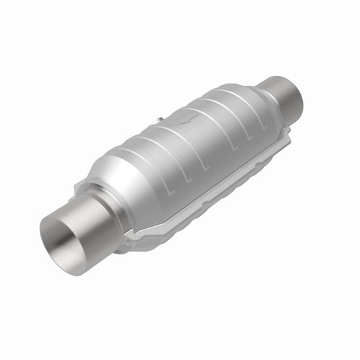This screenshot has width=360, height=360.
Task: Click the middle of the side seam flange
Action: [222, 188]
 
